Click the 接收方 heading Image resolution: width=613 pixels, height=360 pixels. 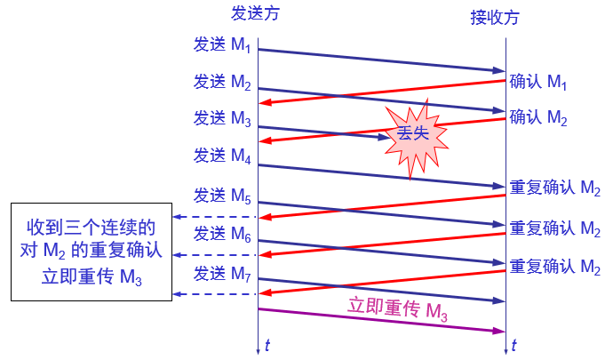click(x=496, y=18)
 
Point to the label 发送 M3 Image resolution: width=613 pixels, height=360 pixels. click(x=222, y=117)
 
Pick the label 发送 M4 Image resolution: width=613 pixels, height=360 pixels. click(x=222, y=156)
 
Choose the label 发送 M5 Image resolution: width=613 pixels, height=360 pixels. click(x=222, y=195)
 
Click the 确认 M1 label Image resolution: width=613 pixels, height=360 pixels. click(x=538, y=83)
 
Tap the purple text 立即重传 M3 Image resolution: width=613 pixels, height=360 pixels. click(x=397, y=310)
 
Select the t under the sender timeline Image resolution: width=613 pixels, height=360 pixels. click(x=267, y=345)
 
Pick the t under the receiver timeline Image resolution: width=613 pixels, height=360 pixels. click(x=514, y=345)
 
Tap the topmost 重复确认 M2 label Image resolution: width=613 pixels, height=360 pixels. click(x=555, y=188)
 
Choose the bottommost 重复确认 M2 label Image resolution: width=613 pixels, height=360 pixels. click(x=555, y=266)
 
